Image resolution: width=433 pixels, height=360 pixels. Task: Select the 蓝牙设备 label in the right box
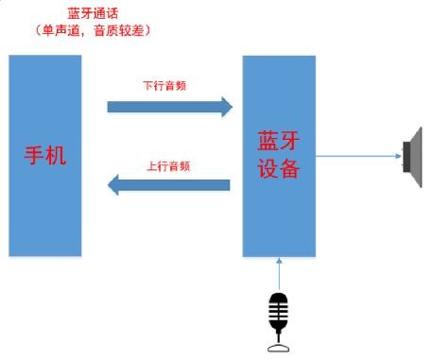[279, 156]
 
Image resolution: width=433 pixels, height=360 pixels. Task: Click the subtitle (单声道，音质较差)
[94, 29]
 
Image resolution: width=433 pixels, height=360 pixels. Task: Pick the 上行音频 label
[169, 165]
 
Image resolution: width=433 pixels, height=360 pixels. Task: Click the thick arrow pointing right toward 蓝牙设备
[170, 105]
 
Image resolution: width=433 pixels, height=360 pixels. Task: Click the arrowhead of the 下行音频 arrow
[225, 105]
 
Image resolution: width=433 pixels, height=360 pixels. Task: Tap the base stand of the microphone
[278, 348]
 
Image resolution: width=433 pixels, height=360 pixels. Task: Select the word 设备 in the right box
[279, 169]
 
